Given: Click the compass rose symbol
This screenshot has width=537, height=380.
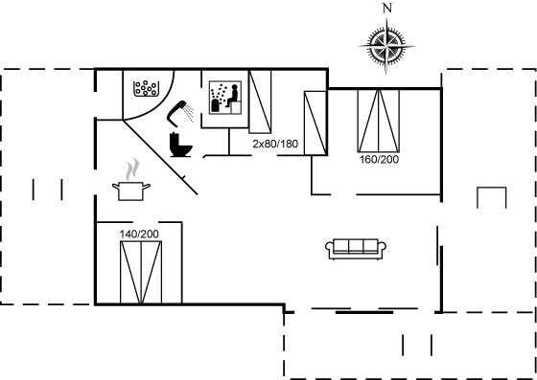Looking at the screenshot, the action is tap(386, 46).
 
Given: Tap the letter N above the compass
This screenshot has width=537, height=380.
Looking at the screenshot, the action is tap(387, 9).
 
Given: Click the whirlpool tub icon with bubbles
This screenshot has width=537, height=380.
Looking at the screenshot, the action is tap(146, 88).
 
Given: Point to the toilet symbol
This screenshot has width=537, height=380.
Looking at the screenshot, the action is tap(180, 145).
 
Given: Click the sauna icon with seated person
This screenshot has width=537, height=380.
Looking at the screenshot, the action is tap(225, 98).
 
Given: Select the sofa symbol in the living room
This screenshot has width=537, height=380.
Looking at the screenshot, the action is tap(356, 249).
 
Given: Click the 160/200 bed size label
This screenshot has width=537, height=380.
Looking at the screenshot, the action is tap(379, 160).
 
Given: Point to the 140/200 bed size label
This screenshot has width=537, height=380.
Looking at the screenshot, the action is tap(139, 235).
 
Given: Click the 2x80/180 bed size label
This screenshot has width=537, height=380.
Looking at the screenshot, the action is tap(275, 144).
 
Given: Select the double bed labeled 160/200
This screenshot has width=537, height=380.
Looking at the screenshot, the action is tap(379, 121).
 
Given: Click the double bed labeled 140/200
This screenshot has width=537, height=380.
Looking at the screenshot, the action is tap(141, 273).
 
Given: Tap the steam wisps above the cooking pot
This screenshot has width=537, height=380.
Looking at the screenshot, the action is tap(132, 169).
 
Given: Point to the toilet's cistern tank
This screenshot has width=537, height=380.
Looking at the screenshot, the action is tap(175, 140).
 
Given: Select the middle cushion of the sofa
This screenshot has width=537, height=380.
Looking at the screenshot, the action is tap(356, 246).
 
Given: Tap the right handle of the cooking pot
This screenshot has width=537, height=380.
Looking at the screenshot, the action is tap(146, 187).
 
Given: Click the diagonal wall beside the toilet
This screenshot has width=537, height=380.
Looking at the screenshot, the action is tap(160, 158).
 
